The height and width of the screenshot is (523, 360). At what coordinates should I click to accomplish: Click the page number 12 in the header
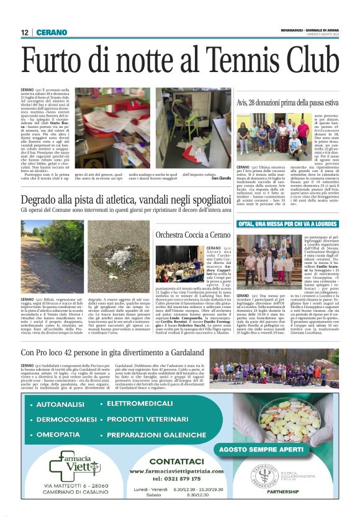[25, 32]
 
